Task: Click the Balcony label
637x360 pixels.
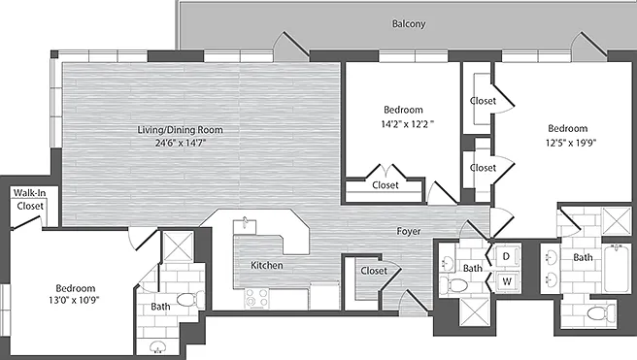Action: point(408,23)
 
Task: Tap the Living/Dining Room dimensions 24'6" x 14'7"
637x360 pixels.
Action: point(181,143)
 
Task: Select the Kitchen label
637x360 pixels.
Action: point(266,265)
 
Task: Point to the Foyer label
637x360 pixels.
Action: point(408,231)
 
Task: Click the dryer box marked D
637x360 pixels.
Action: point(507,256)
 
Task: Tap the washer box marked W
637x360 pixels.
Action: point(507,280)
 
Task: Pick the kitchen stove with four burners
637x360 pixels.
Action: point(256,298)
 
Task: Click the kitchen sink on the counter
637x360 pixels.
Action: point(245,225)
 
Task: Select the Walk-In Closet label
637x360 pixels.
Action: point(30,199)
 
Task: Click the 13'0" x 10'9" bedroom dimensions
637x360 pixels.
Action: point(75,301)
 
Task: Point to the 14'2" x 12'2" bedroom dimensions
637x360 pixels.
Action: point(407,123)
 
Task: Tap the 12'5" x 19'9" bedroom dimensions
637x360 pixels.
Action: point(571,143)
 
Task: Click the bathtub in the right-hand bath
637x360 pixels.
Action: point(617,268)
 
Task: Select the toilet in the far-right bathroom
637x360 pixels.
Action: point(602,312)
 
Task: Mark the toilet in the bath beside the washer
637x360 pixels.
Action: point(453,284)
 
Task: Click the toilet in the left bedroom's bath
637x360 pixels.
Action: point(191,300)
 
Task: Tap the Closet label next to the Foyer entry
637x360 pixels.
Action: point(374,271)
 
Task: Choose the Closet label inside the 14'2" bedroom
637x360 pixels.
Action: point(386,185)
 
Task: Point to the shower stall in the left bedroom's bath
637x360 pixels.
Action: point(178,246)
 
